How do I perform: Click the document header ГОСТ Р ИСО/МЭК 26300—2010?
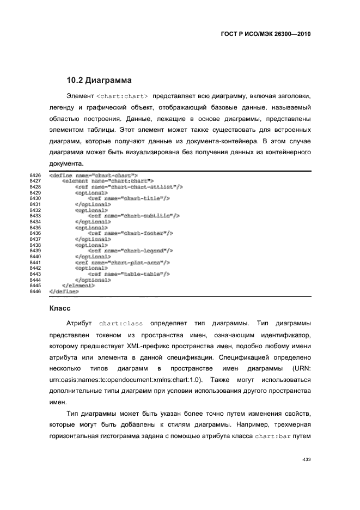(265, 33)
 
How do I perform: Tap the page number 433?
(306, 459)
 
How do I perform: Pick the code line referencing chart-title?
(129, 199)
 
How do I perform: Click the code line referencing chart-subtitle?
(133, 216)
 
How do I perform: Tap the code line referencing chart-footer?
(131, 233)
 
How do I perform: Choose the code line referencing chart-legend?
(131, 251)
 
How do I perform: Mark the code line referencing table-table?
(129, 274)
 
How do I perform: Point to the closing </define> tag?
(64, 292)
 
